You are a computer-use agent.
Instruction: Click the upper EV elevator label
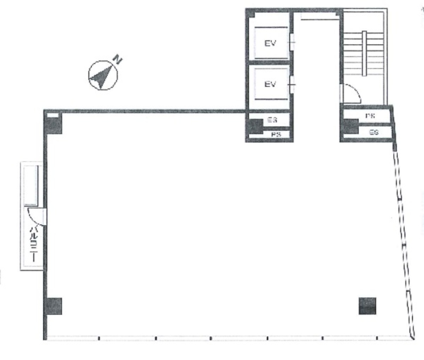click(270, 43)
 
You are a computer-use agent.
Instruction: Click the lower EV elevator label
click(270, 84)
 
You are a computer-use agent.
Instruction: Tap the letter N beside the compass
click(118, 60)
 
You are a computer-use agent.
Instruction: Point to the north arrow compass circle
click(102, 75)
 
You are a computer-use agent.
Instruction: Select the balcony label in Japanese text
click(33, 243)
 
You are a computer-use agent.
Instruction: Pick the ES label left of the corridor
click(272, 120)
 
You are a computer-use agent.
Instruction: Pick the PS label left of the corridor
click(276, 135)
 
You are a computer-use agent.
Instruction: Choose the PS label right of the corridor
click(370, 116)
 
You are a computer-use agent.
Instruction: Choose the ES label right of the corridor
click(374, 132)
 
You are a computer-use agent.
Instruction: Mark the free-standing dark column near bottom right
click(367, 306)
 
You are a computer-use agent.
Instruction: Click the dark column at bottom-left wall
click(54, 306)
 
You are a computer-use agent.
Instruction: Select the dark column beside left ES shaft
click(254, 126)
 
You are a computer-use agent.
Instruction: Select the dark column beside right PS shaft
click(350, 126)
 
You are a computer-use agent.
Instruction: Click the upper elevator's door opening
click(292, 43)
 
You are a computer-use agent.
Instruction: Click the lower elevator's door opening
click(292, 85)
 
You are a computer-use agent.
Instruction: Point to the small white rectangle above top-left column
click(53, 115)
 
